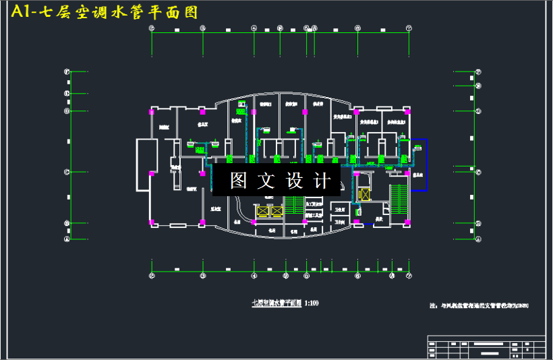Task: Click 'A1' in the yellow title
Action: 22,12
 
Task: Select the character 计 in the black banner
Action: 323,181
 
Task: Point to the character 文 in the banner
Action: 267,181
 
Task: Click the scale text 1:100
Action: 311,303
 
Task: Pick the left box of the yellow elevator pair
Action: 261,211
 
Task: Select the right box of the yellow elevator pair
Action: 276,211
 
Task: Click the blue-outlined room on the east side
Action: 418,165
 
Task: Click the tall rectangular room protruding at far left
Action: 144,164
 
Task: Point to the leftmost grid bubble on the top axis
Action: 152,28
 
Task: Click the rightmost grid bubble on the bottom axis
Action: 409,276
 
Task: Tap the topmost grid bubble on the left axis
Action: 67,71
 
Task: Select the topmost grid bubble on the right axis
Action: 478,71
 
